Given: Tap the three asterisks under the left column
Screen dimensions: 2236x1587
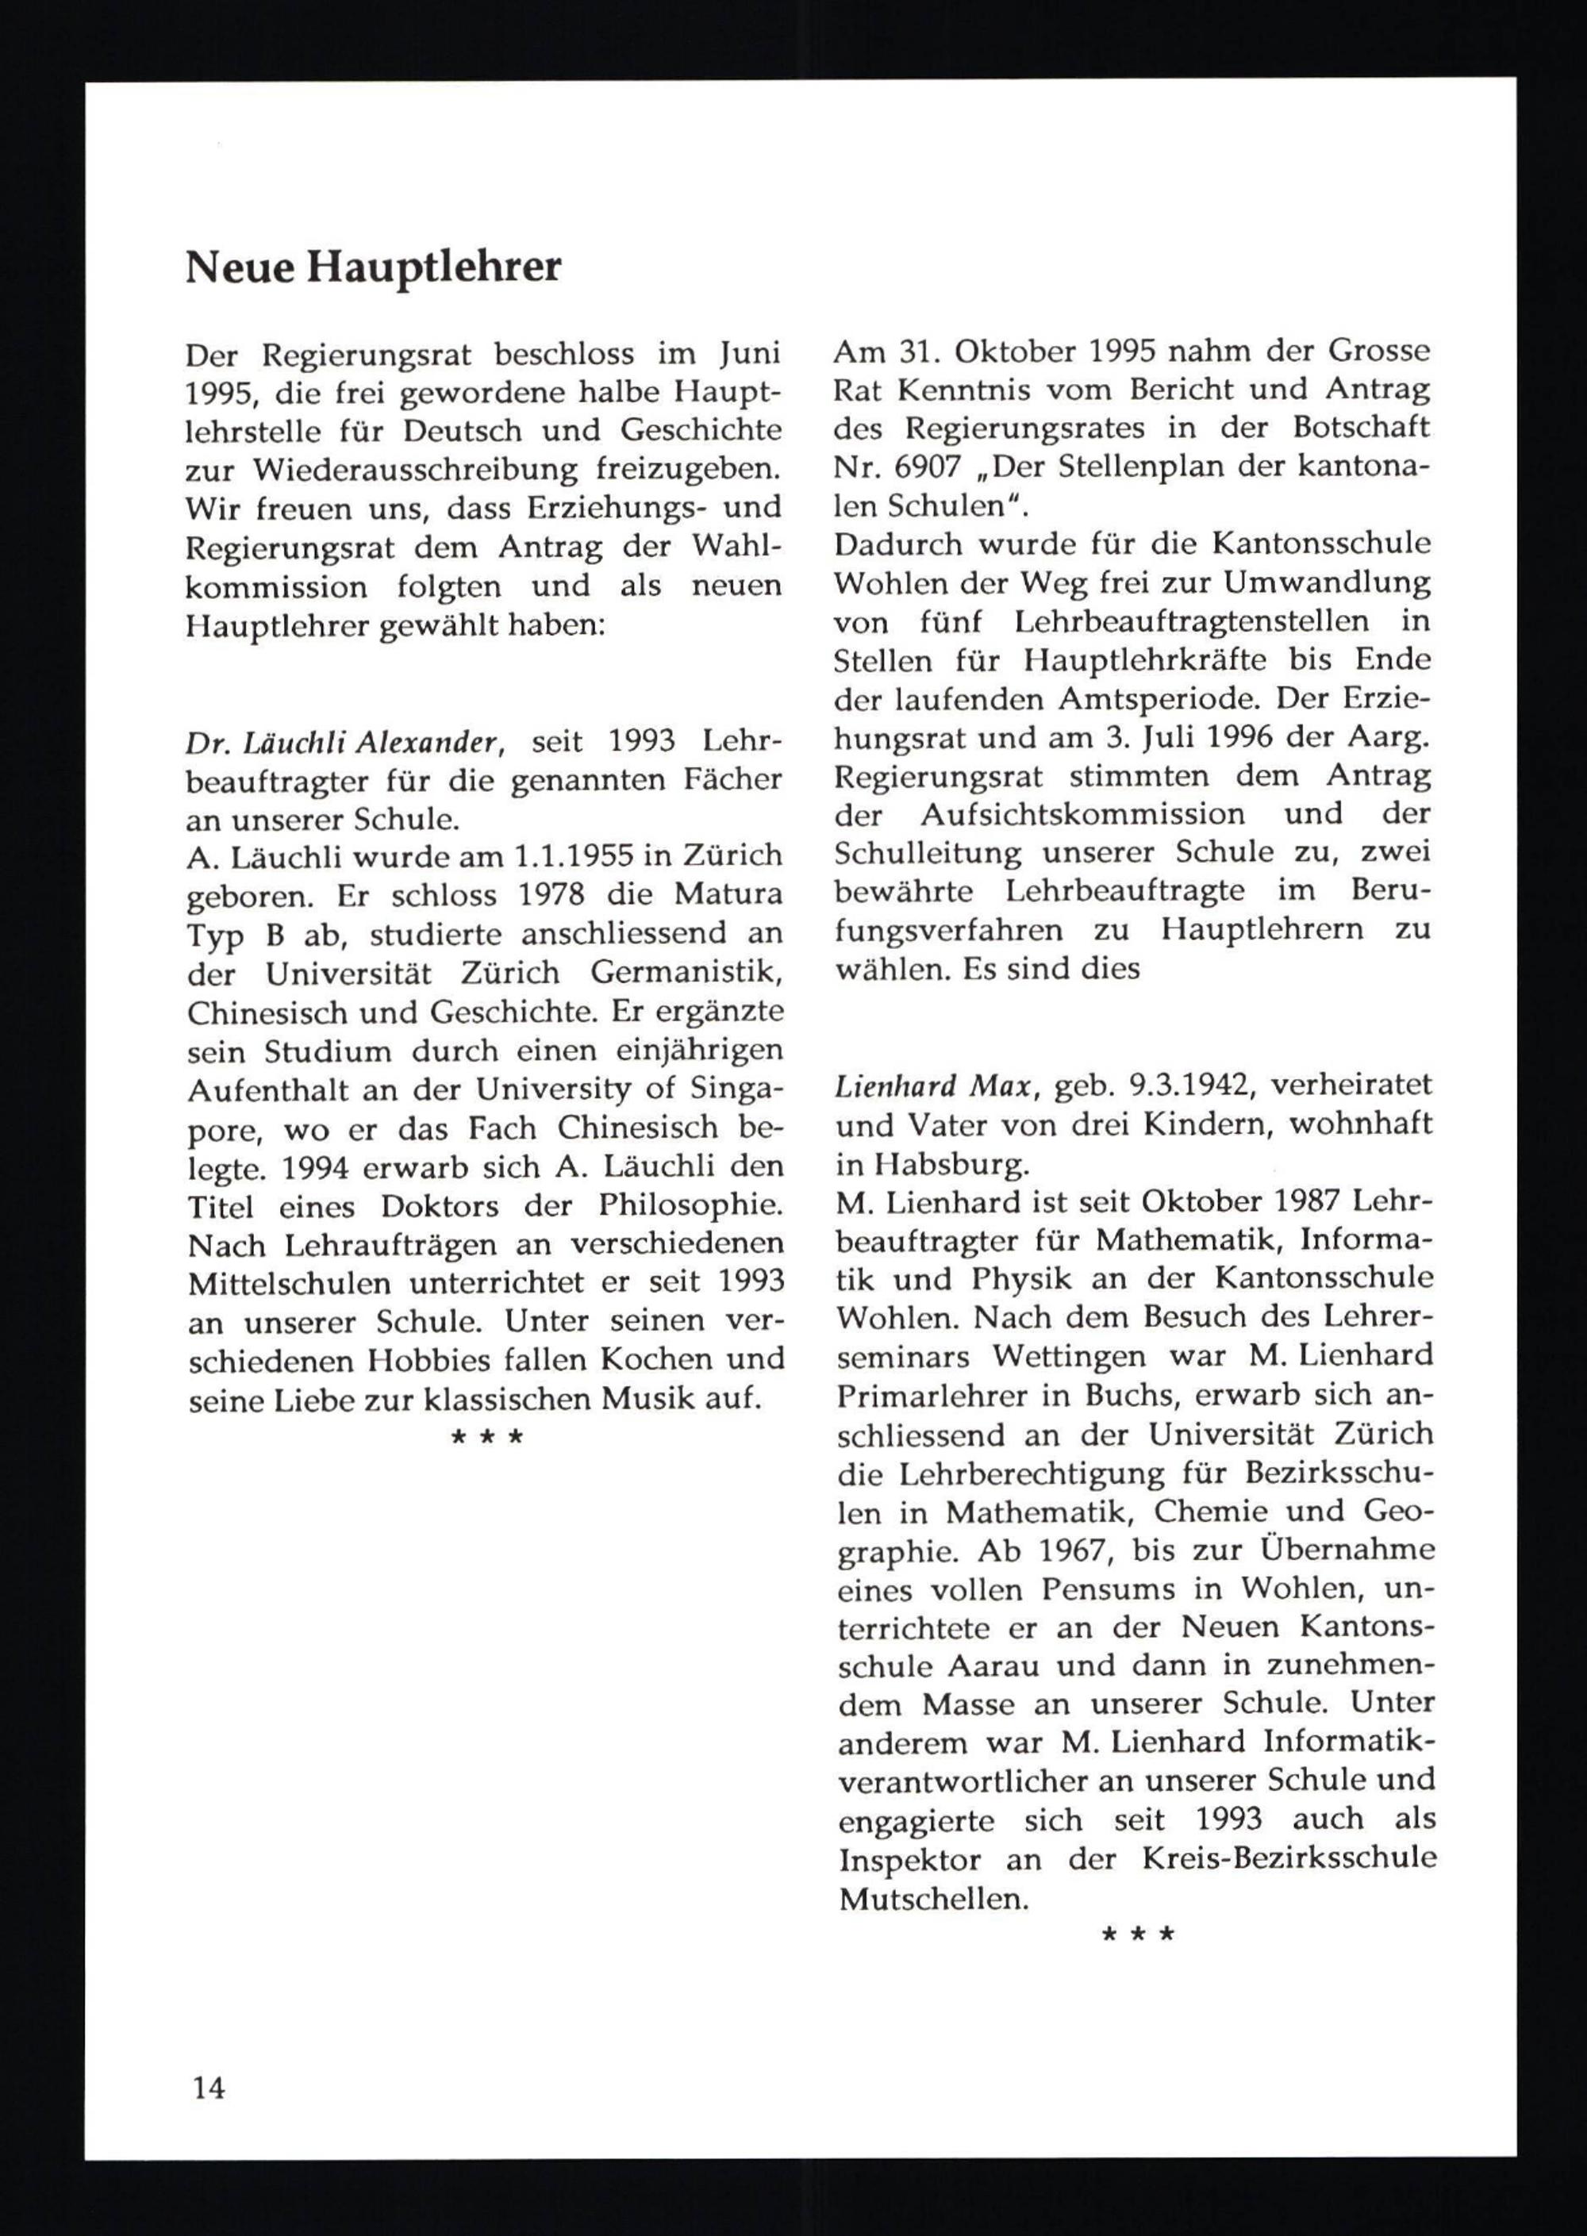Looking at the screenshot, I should pyautogui.click(x=486, y=1438).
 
